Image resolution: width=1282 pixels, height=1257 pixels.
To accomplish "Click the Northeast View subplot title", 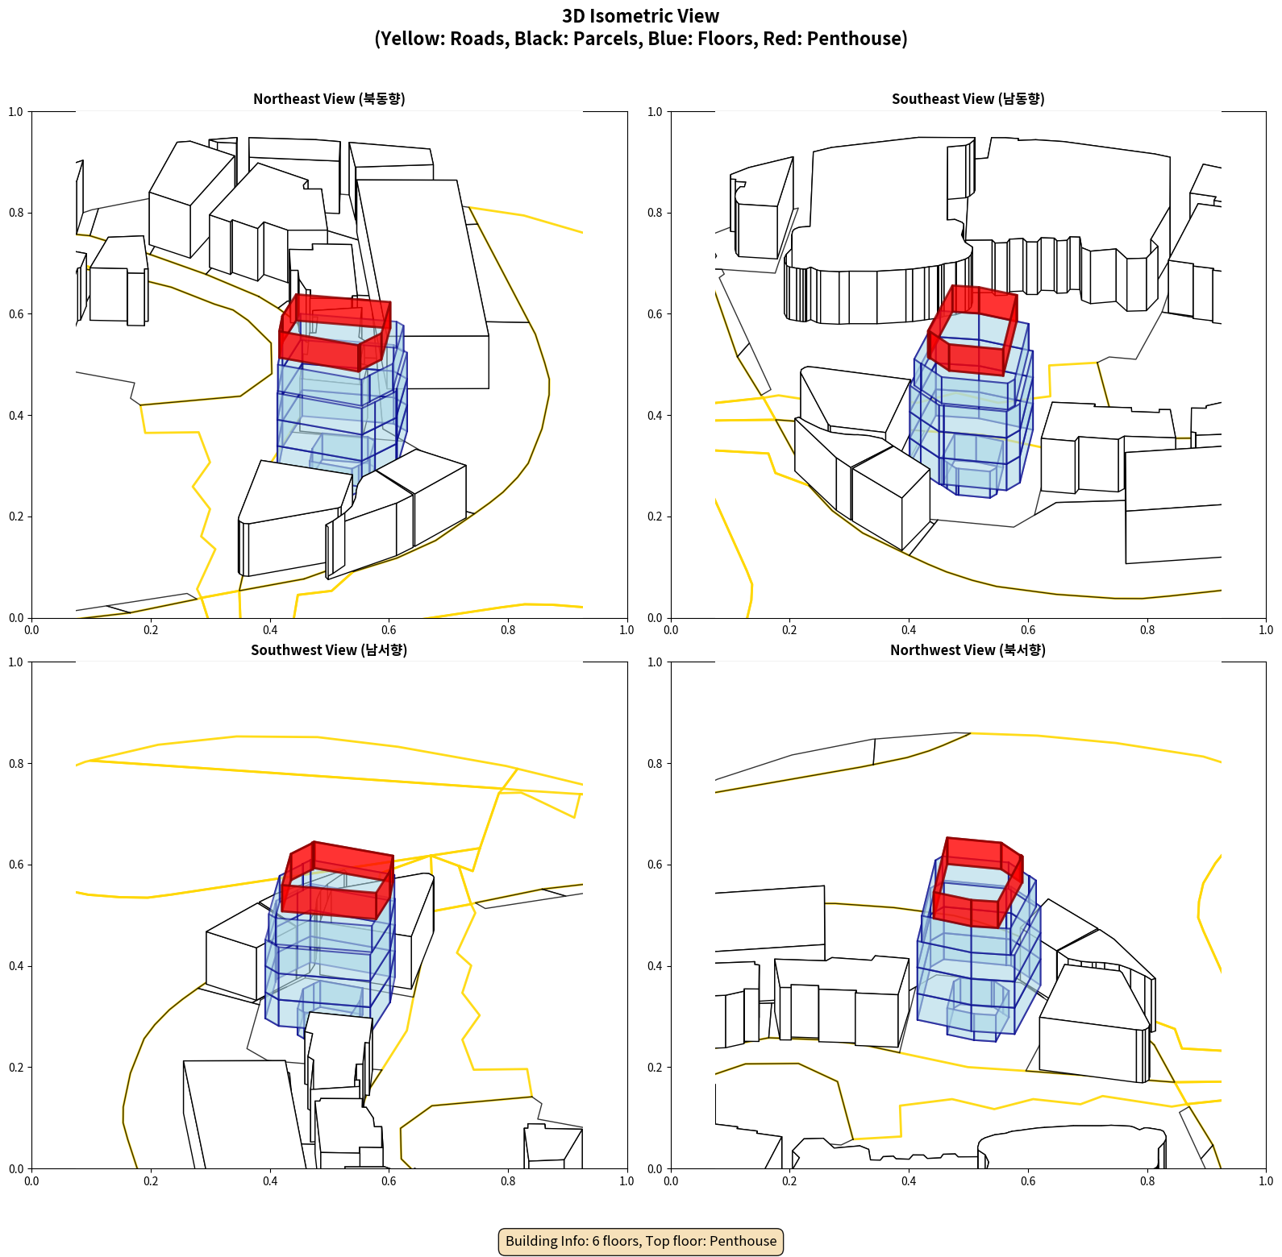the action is [x=329, y=99].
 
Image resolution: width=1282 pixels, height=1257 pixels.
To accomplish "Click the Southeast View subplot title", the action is [x=968, y=99].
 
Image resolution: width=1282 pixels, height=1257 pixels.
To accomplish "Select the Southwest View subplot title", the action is [x=329, y=650].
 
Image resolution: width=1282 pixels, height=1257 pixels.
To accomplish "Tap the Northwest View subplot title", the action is [x=968, y=650].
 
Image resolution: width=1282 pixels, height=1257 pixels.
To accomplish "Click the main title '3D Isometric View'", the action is [x=641, y=16].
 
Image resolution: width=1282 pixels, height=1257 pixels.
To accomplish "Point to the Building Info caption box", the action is [x=641, y=1241].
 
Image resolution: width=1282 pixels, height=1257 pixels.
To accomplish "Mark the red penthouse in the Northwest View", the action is [x=977, y=883].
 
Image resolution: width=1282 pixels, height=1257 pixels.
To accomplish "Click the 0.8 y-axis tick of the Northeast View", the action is [x=15, y=213].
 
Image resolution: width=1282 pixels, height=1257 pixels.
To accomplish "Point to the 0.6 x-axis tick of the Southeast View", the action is [x=1028, y=630].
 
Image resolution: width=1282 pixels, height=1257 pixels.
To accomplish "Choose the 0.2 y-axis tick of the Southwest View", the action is [x=15, y=1068].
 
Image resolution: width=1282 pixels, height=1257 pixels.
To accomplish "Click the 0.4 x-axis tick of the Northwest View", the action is [x=909, y=1181].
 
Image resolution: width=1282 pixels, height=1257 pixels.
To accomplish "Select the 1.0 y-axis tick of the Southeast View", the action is [x=655, y=112].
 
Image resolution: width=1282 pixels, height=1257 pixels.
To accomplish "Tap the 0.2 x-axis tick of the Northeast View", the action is [x=151, y=630].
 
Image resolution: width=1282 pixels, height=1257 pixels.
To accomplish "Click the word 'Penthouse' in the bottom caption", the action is [x=743, y=1241].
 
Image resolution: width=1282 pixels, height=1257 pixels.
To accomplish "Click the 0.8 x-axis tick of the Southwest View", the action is [x=508, y=1181].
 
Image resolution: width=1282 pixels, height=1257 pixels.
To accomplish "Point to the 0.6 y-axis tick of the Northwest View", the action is [x=655, y=865].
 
